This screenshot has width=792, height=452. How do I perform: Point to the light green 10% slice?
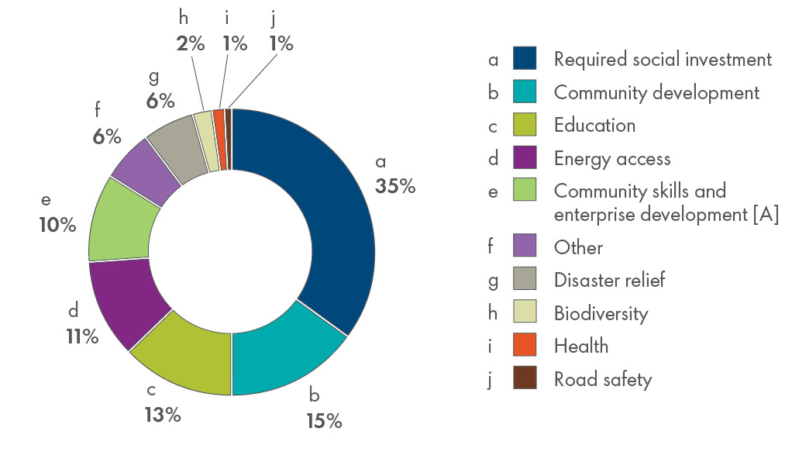[x=120, y=225]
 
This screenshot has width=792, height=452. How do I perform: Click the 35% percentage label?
[x=395, y=186]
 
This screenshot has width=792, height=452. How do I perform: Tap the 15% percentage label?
[x=322, y=421]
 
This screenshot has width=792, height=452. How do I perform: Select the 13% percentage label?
[x=162, y=415]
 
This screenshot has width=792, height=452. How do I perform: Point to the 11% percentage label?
[x=81, y=336]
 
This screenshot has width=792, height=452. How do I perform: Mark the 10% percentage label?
[x=58, y=225]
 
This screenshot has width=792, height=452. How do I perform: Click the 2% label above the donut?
[x=190, y=43]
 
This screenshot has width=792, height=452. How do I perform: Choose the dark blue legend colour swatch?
[x=525, y=59]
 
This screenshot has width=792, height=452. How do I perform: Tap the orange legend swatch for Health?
[x=525, y=346]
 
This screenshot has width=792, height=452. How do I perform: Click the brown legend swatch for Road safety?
[x=525, y=379]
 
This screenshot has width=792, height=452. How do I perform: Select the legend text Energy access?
[x=612, y=159]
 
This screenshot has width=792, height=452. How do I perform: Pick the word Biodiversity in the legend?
[x=601, y=313]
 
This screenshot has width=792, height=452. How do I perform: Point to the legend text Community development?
[x=656, y=92]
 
